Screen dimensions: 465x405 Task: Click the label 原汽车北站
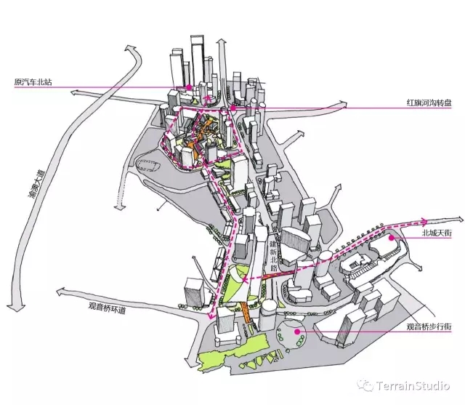pos(33,82)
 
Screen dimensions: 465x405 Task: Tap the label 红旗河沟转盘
pos(429,103)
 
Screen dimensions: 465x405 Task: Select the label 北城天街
pos(437,233)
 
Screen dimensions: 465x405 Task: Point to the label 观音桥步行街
pos(429,327)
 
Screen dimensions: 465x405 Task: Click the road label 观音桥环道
pos(108,308)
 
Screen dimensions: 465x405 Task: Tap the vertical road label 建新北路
pos(273,256)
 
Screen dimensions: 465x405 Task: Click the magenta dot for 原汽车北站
pos(189,87)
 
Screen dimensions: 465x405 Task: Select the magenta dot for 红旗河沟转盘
pos(233,108)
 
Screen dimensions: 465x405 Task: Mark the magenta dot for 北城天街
pos(392,238)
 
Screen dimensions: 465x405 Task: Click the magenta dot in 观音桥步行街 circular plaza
pos(297,332)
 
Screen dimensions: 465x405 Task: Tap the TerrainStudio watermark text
pos(413,386)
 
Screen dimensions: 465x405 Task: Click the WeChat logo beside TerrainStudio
pos(365,385)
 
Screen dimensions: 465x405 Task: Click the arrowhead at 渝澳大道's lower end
pos(15,307)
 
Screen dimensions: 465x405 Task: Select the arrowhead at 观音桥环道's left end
pos(61,292)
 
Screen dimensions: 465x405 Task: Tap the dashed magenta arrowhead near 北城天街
pos(424,221)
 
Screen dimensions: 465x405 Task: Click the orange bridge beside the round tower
pos(246,312)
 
